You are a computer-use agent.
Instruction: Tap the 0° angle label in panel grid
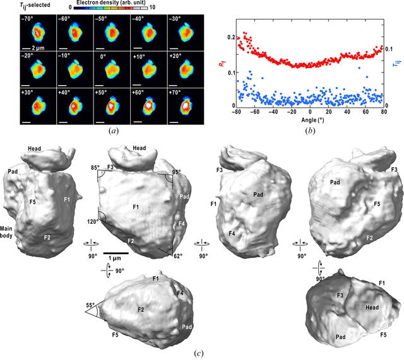point(103,57)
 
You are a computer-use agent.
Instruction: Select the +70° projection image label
point(175,92)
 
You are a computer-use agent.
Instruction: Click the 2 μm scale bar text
point(38,48)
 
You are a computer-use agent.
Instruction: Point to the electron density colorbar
point(111,8)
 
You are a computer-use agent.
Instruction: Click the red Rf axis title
point(222,63)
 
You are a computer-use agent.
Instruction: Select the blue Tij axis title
point(398,64)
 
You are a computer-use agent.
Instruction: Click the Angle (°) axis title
point(312,120)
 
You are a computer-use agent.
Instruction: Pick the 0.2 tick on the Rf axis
point(231,37)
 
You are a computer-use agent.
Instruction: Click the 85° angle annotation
point(95,168)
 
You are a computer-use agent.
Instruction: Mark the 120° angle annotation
point(93,221)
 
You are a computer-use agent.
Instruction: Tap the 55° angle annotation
point(90,305)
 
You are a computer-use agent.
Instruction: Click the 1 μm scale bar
point(116,253)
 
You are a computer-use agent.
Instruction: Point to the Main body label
point(6,232)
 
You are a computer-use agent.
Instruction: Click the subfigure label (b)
point(310,131)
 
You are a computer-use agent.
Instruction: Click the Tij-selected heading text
point(35,5)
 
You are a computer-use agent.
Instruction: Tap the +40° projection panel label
point(64,92)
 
